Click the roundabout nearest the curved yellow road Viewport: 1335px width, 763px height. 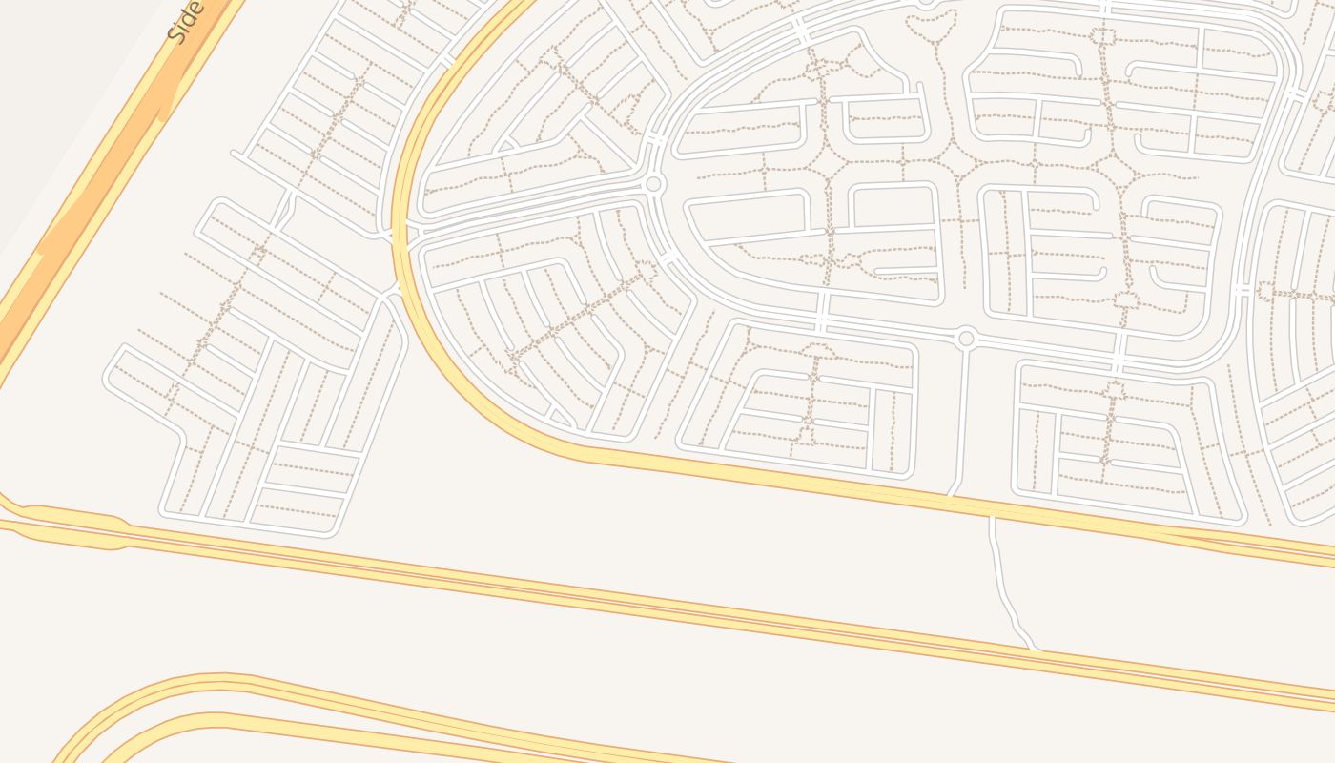tap(653, 184)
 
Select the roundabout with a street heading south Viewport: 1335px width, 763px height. tap(966, 338)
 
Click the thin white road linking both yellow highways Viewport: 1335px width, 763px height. tap(1001, 582)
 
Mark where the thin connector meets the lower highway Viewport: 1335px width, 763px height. tap(1034, 650)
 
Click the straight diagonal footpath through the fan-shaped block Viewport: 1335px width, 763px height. tap(582, 315)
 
